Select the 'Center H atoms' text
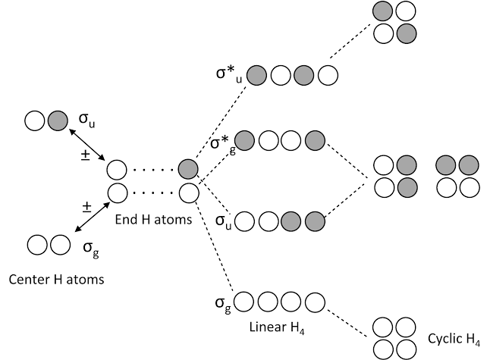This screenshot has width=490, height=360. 56,279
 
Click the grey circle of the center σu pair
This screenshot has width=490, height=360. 57,120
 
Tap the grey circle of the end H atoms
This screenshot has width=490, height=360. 188,169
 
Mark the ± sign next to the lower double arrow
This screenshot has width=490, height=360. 86,205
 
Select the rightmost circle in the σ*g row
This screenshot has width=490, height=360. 315,140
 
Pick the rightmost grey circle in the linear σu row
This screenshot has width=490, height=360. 315,222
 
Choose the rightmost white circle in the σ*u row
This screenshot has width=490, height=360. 327,75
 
